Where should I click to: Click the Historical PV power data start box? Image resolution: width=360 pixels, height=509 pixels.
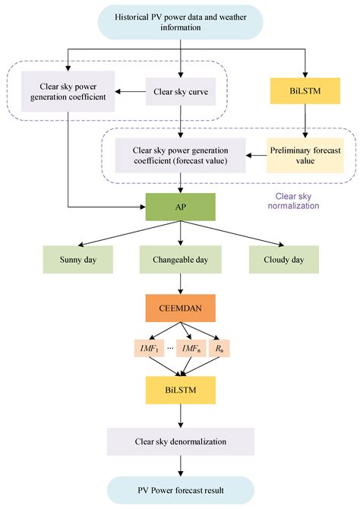pyautogui.click(x=180, y=22)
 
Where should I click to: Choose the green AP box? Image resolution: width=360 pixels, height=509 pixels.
pyautogui.click(x=181, y=206)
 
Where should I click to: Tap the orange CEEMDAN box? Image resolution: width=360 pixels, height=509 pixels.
pyautogui.click(x=181, y=308)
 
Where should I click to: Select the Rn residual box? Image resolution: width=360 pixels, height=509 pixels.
pyautogui.click(x=219, y=348)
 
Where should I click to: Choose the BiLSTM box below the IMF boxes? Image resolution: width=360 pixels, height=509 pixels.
pyautogui.click(x=181, y=390)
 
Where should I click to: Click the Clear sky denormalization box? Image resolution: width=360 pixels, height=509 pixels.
pyautogui.click(x=181, y=441)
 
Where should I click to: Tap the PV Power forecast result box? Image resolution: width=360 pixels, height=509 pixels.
pyautogui.click(x=181, y=490)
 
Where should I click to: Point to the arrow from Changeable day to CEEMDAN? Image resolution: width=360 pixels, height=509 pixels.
pyautogui.click(x=181, y=283)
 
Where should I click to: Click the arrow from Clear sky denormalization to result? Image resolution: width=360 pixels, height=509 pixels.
pyautogui.click(x=181, y=465)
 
